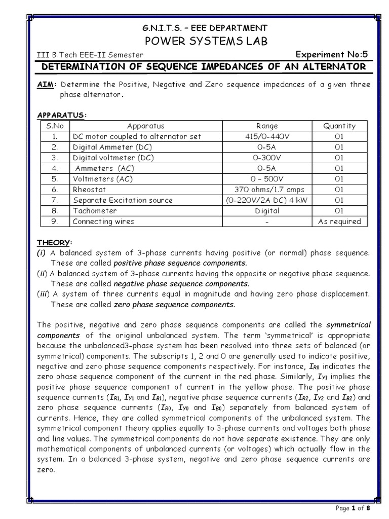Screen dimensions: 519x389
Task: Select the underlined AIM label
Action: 48,84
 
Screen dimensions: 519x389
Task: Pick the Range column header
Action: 267,126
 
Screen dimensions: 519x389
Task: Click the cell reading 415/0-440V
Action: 267,136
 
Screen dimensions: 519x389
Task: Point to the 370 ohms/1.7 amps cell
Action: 267,189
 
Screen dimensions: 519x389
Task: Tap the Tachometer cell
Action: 94,210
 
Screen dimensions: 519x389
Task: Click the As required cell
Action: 339,221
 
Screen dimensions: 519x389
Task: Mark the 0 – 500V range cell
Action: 267,178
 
